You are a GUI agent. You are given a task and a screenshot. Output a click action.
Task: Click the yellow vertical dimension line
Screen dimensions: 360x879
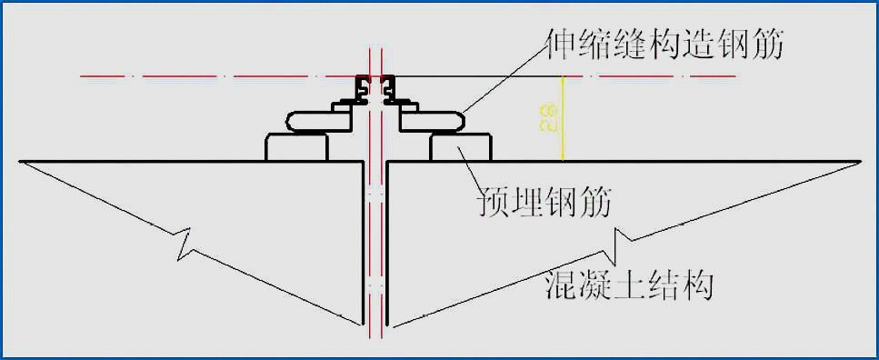click(564, 118)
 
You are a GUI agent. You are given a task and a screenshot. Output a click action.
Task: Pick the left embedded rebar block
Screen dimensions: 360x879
click(296, 147)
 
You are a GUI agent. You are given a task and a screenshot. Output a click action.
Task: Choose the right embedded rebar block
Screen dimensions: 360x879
click(460, 147)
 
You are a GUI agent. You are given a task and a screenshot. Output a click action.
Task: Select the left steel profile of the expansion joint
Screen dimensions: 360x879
click(363, 90)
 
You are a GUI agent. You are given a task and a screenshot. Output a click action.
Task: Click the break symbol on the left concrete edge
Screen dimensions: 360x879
click(185, 242)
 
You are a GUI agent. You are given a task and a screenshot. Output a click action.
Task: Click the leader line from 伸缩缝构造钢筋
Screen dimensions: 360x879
click(504, 77)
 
